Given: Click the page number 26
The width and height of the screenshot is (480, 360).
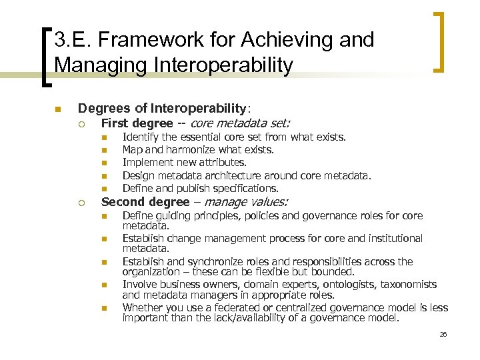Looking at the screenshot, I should (x=443, y=334).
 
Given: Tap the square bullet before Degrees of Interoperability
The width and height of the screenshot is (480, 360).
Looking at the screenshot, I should (x=58, y=109).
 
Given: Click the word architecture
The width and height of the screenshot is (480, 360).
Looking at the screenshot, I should (x=233, y=175).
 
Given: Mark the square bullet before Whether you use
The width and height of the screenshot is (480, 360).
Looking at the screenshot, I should (x=104, y=307).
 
